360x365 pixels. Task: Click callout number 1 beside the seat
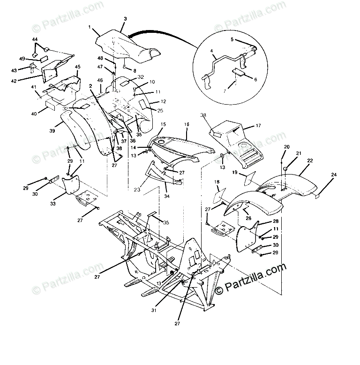point(90,28)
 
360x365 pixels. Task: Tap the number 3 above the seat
point(125,19)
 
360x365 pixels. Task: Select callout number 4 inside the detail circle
point(211,51)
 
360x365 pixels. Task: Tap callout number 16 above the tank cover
point(186,124)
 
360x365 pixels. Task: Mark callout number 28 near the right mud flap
point(275,221)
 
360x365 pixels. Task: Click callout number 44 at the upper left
point(35,39)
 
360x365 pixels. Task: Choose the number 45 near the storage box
point(77,67)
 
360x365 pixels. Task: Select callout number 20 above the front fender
point(286,147)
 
